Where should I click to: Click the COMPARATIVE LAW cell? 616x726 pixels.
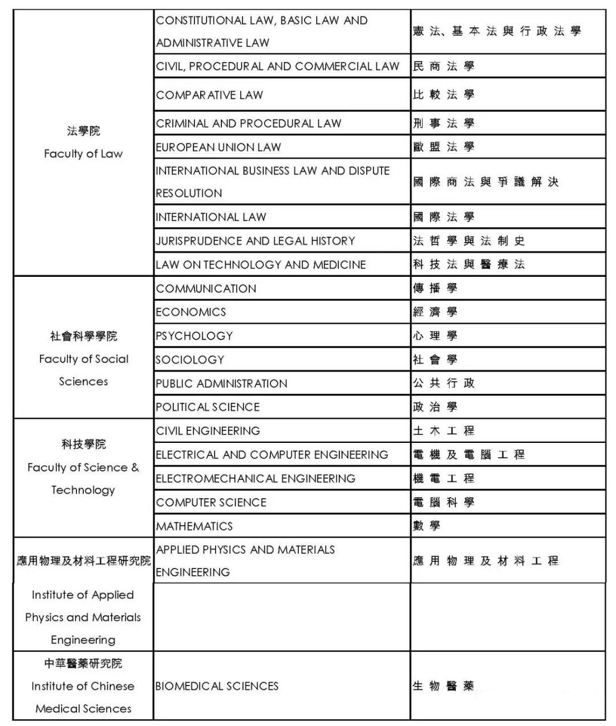209,95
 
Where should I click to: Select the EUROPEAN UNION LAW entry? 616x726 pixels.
218,147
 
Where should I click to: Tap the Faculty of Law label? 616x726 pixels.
83,154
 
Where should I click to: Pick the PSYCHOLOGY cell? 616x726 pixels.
194,336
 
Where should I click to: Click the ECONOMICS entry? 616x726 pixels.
191,312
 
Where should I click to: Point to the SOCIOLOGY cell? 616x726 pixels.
190,360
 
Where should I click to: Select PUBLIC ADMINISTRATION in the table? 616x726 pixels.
222,384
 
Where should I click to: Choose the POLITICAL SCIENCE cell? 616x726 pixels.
208,407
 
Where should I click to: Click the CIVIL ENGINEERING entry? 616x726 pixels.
208,431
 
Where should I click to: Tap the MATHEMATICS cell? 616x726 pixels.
194,526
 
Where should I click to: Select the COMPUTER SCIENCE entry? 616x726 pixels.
211,502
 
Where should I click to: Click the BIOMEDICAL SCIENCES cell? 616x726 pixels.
217,686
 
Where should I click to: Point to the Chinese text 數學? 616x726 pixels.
427,526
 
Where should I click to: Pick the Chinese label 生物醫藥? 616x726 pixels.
444,686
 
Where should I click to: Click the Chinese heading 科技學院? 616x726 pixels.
83,444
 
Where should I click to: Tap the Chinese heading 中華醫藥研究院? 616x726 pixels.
83,663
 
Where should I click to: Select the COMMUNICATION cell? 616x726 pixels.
206,288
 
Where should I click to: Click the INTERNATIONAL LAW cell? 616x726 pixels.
211,217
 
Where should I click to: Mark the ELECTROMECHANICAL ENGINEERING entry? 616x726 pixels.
256,478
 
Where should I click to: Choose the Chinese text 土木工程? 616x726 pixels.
444,431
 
